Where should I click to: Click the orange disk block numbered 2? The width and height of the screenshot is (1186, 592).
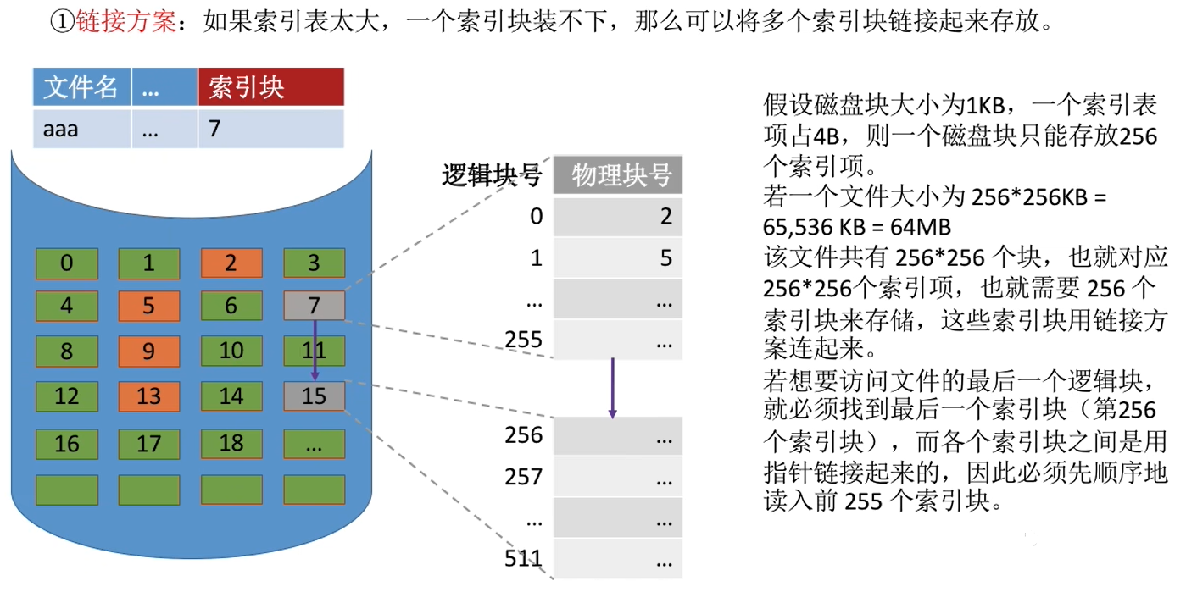click(x=231, y=263)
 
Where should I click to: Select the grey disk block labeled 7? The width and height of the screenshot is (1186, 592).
click(x=314, y=306)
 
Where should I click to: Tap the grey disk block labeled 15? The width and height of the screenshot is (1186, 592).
click(x=314, y=396)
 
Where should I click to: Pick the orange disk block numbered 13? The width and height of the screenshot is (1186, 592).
click(x=149, y=396)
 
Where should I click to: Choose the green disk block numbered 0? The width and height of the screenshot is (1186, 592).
click(x=67, y=263)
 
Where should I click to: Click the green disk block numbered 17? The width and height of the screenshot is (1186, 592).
click(x=149, y=443)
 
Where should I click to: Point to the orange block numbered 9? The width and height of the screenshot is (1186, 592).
click(x=149, y=351)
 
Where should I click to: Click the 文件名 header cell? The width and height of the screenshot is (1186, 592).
click(x=81, y=88)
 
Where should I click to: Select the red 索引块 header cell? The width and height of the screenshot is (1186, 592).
click(x=270, y=88)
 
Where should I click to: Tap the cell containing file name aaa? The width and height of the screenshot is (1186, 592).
click(x=81, y=130)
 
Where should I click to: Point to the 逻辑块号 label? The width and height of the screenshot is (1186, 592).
click(x=492, y=175)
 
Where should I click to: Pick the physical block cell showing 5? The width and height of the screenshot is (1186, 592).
click(x=619, y=257)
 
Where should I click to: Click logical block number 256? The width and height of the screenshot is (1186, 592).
click(x=523, y=435)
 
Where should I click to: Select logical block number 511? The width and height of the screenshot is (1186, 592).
click(x=523, y=559)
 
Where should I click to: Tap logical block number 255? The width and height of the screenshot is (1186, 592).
click(x=523, y=340)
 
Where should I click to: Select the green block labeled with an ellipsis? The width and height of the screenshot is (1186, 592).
click(x=314, y=443)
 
